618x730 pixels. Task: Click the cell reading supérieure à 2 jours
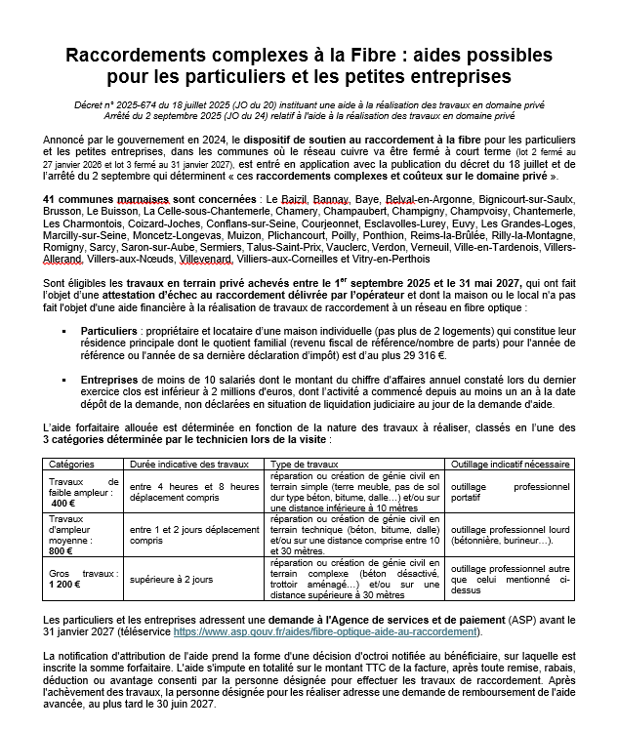coord(173,579)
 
